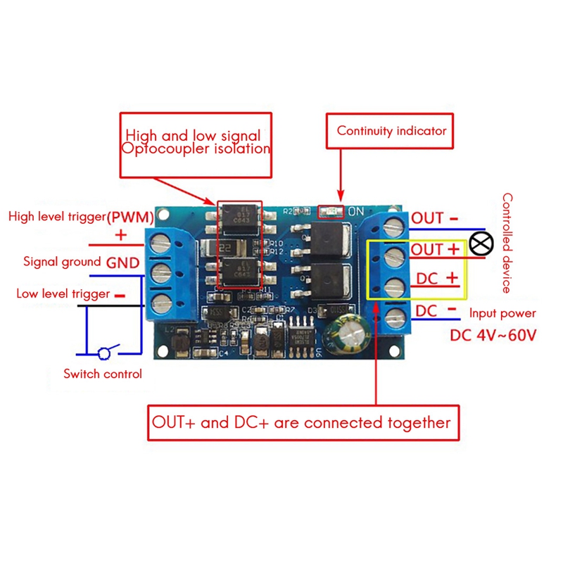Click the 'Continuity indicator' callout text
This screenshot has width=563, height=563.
(x=391, y=131)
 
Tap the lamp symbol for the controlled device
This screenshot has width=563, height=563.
(x=482, y=243)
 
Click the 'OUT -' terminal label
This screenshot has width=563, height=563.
(x=435, y=218)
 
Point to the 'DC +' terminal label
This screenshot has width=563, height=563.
(x=437, y=279)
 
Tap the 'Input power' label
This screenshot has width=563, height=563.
(x=502, y=313)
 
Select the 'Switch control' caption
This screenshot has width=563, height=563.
(x=103, y=374)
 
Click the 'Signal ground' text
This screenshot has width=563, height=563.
(x=62, y=262)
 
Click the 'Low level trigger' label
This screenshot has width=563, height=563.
(x=63, y=293)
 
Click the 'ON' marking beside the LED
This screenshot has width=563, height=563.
(x=356, y=210)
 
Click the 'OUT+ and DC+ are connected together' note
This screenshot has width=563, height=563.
(x=301, y=423)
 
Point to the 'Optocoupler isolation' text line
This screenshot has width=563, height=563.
(x=196, y=149)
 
